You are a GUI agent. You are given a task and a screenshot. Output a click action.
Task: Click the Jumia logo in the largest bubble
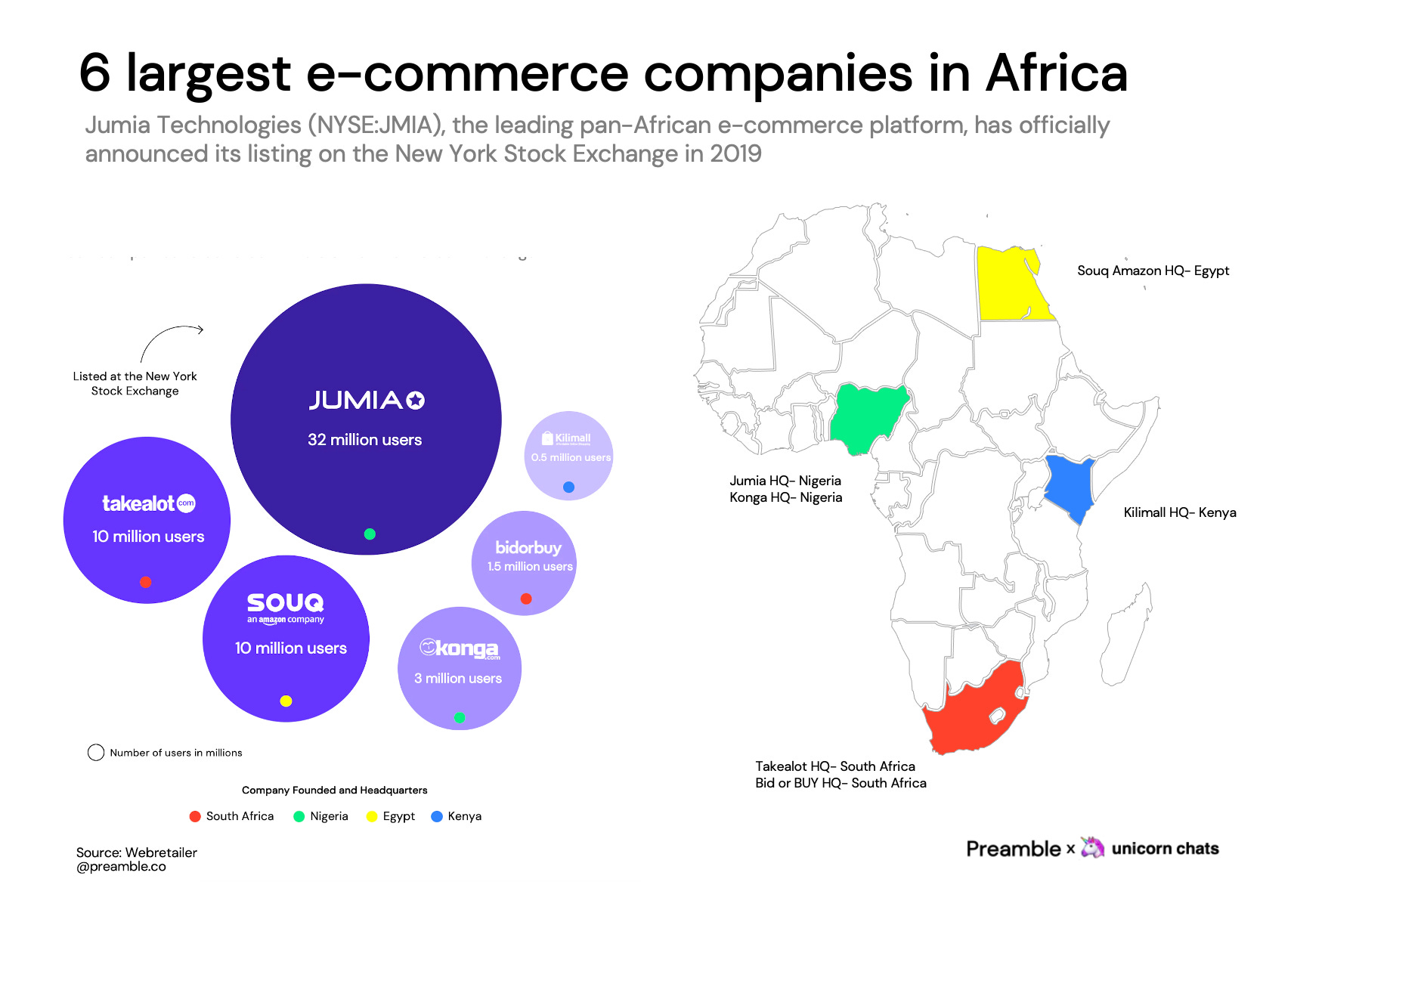tap(367, 400)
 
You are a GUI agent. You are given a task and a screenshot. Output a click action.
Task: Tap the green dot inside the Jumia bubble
tap(370, 534)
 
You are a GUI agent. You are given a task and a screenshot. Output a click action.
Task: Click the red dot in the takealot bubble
tap(146, 582)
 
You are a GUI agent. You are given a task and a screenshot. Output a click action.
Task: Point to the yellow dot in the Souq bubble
tap(286, 701)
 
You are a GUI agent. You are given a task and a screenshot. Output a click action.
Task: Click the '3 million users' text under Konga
tap(458, 679)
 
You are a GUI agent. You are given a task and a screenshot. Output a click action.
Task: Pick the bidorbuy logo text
tap(528, 548)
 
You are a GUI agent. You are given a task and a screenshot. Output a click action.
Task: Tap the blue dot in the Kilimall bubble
tap(569, 487)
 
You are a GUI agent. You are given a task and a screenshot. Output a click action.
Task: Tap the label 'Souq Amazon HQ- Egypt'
tap(1153, 271)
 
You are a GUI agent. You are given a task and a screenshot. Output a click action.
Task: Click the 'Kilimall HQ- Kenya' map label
tap(1179, 512)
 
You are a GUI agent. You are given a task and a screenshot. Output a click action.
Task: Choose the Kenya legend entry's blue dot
tap(437, 816)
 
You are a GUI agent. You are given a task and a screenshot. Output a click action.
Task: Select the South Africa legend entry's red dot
tap(195, 816)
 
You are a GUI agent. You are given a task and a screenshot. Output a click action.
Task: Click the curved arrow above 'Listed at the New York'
tap(170, 337)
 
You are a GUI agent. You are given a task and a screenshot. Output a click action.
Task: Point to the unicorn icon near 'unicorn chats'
tap(1092, 847)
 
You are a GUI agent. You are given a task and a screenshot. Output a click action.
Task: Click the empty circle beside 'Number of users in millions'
tap(96, 753)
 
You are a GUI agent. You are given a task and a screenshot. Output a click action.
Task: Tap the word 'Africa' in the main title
tap(1056, 74)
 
